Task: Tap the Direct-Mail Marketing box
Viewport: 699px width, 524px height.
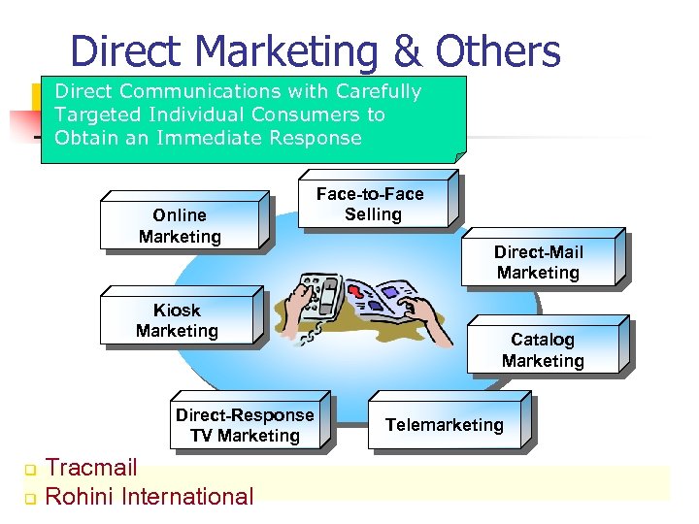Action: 539,263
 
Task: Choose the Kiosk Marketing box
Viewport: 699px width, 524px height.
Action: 178,320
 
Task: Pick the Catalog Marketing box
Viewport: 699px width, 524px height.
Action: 543,350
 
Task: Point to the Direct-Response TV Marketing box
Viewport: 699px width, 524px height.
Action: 245,425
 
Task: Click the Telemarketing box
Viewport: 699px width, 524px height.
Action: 445,425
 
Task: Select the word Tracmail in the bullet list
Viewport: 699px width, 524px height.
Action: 91,469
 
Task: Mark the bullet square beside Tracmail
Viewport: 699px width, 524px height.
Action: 29,471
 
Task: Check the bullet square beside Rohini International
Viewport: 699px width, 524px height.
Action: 29,499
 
